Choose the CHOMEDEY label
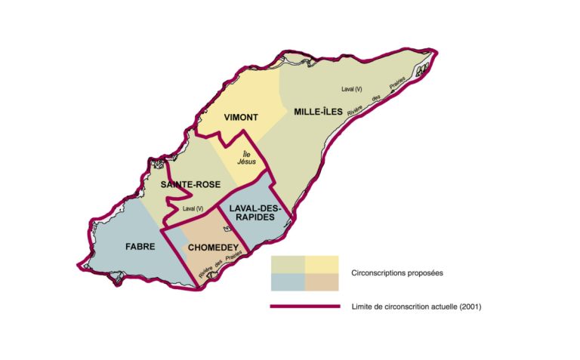coord(213,247)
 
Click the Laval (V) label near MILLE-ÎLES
coord(352,90)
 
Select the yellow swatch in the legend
coord(322,263)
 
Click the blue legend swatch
coord(288,281)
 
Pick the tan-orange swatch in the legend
coord(322,281)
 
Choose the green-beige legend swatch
coord(288,263)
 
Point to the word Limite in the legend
coord(362,307)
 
